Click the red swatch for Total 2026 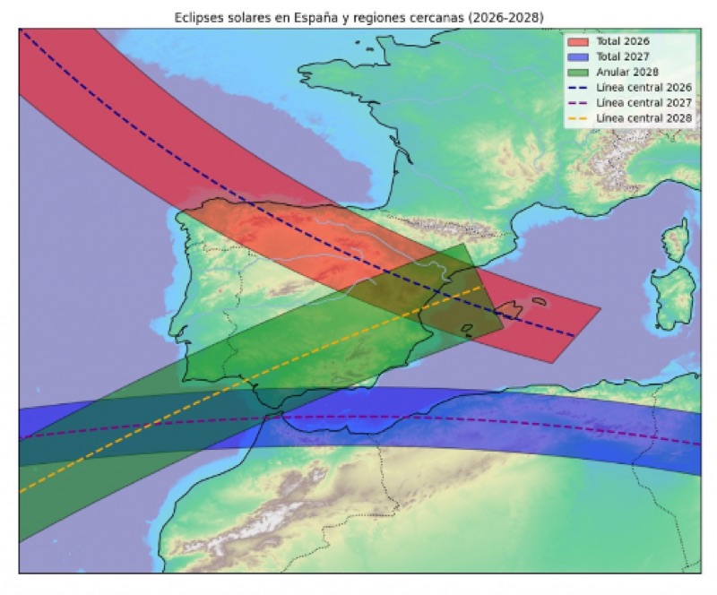(x=577, y=41)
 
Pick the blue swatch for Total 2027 (x=577, y=56)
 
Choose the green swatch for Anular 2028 (x=577, y=71)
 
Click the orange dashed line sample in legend (x=577, y=118)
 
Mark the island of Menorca (x=539, y=301)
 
